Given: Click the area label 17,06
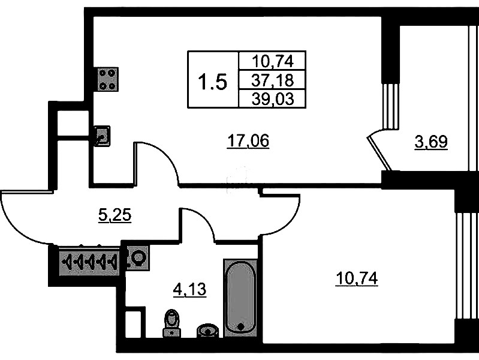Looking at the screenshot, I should [x=248, y=141].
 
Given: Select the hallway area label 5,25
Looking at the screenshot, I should [x=114, y=215].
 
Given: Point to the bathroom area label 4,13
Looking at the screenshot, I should [x=189, y=290].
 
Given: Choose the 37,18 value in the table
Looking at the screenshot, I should [x=272, y=79].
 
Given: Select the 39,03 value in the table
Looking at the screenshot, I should [x=273, y=98].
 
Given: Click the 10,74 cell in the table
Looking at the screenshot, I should [x=272, y=61].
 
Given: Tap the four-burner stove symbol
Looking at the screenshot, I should [x=107, y=79].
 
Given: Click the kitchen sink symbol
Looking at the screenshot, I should [x=102, y=136].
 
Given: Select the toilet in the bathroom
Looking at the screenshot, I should [x=172, y=323].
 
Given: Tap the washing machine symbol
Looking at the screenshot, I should [x=137, y=259].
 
